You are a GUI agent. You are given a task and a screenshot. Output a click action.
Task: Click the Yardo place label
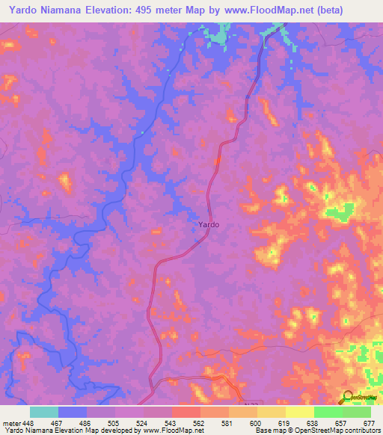pyautogui.click(x=209, y=224)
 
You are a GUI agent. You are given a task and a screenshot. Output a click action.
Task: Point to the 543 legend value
pyautogui.click(x=171, y=422)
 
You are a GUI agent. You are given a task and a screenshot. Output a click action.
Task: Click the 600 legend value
pyautogui.click(x=256, y=422)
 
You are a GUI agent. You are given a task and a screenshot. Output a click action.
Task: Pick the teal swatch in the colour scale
pyautogui.click(x=44, y=412)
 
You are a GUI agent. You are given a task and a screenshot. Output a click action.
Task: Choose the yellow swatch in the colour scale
pyautogui.click(x=300, y=412)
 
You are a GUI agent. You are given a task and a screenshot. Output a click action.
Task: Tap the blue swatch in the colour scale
pyautogui.click(x=73, y=412)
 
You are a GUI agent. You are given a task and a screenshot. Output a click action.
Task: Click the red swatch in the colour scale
pyautogui.click(x=186, y=412)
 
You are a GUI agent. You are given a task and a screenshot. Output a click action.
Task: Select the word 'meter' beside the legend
pyautogui.click(x=10, y=422)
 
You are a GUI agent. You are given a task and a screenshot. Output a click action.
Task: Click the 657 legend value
pyautogui.click(x=341, y=422)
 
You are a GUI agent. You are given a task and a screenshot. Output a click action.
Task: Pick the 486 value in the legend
pyautogui.click(x=85, y=422)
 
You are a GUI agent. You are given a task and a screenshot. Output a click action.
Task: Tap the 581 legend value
pyautogui.click(x=227, y=422)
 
